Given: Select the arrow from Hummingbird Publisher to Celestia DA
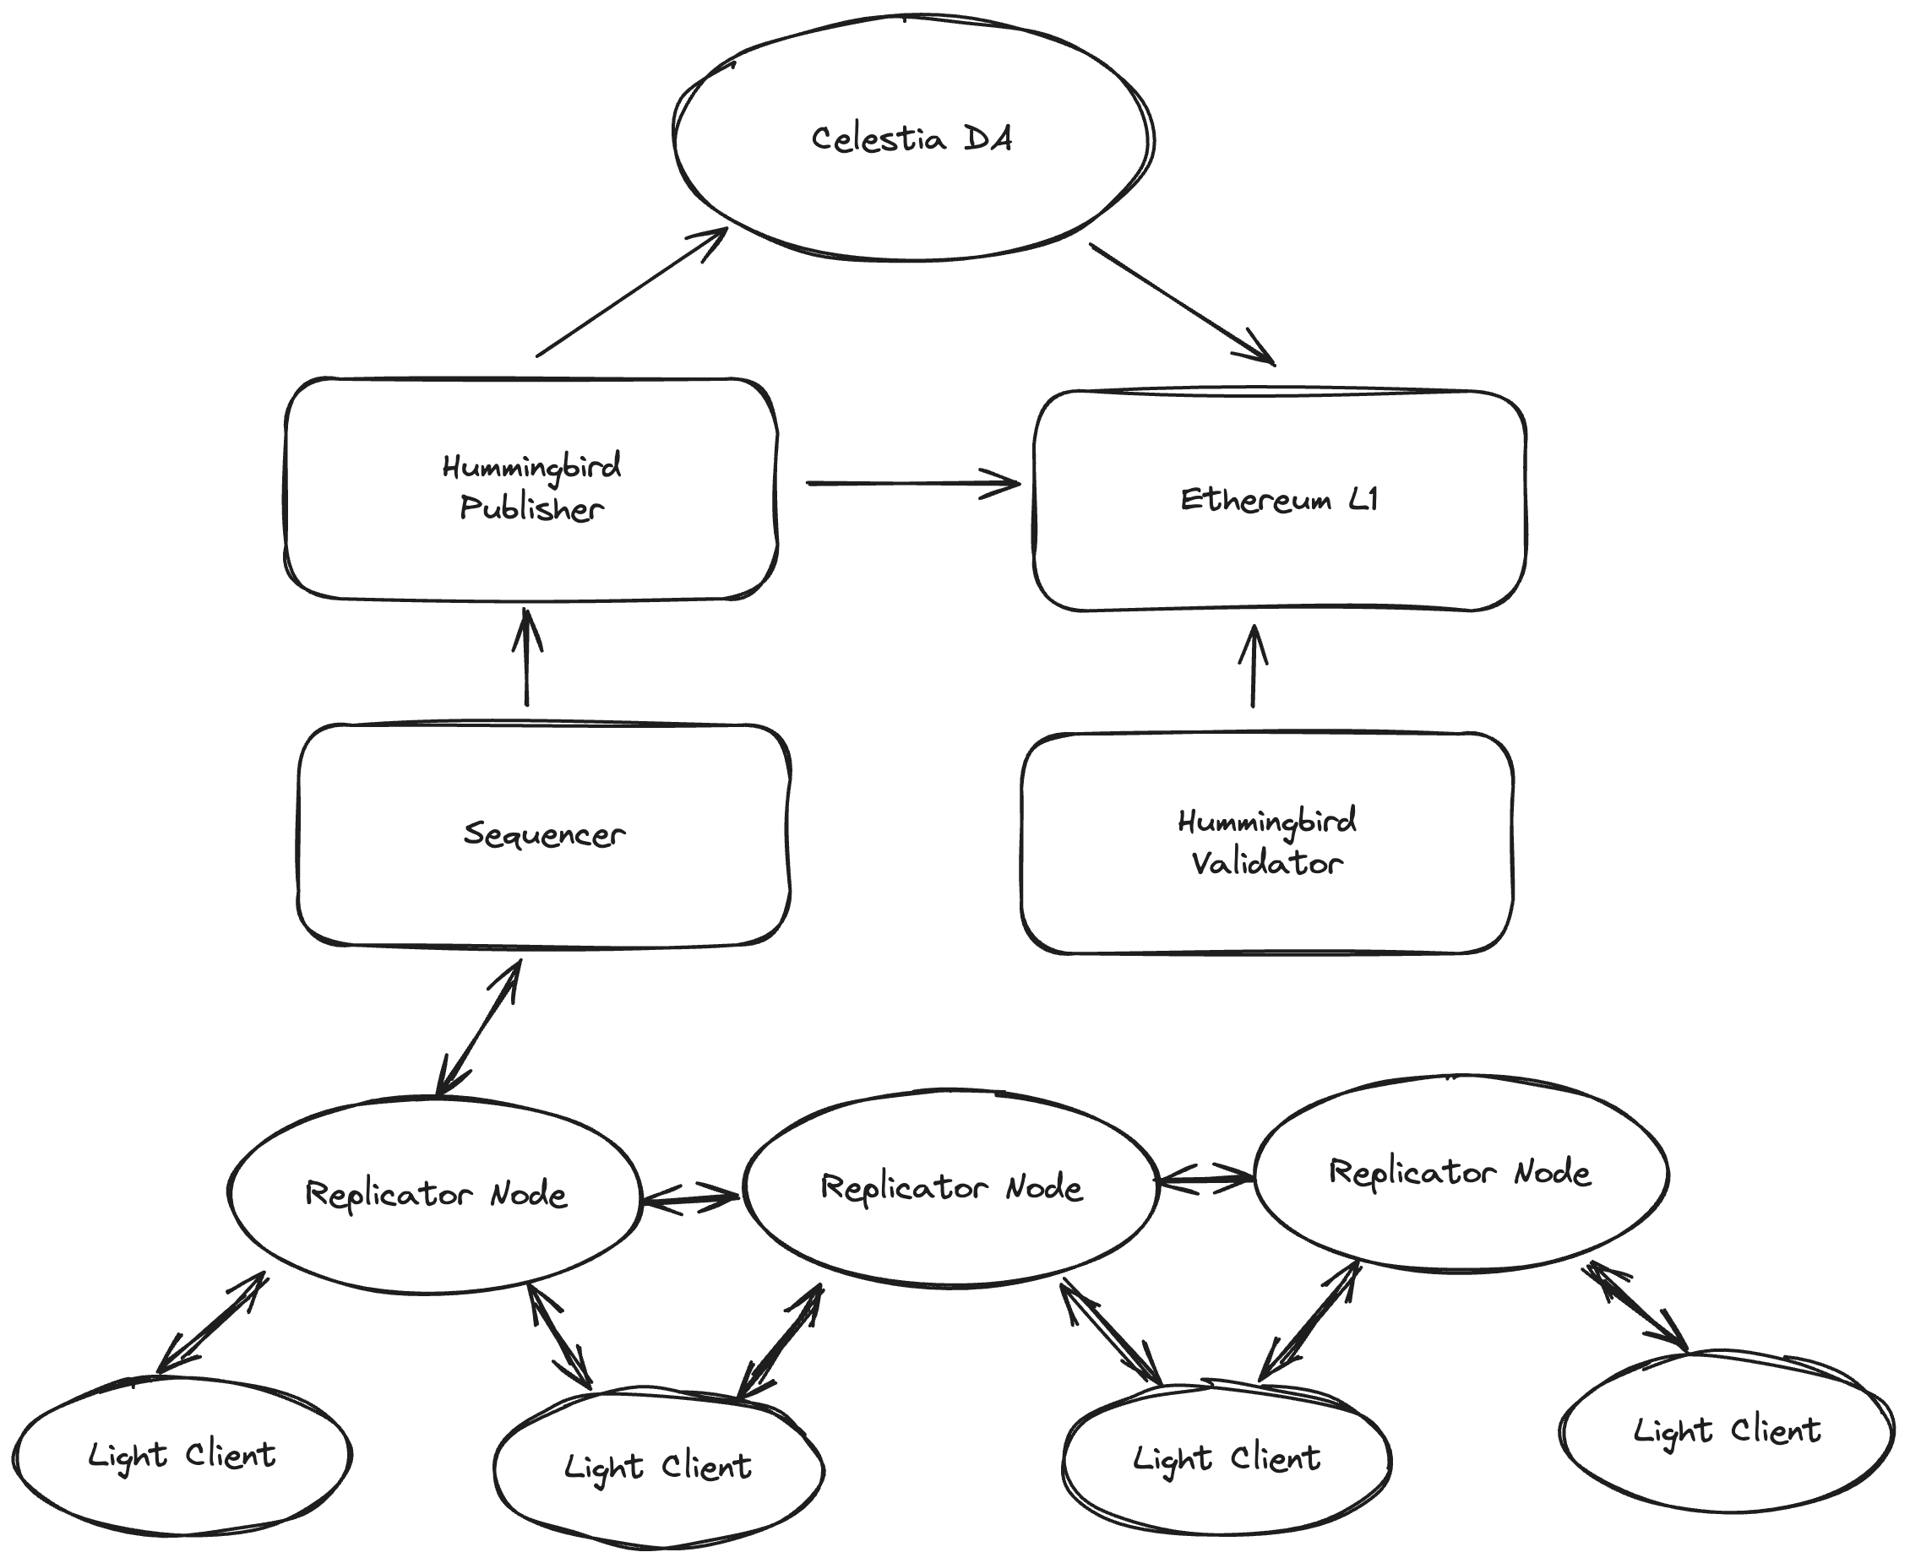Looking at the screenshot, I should pos(630,294).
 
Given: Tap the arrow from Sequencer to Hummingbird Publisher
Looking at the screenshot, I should pos(527,658).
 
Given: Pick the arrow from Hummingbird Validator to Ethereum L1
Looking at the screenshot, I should pos(1253,667).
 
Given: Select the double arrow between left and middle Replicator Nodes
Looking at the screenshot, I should pos(691,1198).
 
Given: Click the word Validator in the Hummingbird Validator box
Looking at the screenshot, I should pos(1267,864).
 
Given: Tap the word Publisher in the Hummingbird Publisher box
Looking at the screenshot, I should pos(531,509).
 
